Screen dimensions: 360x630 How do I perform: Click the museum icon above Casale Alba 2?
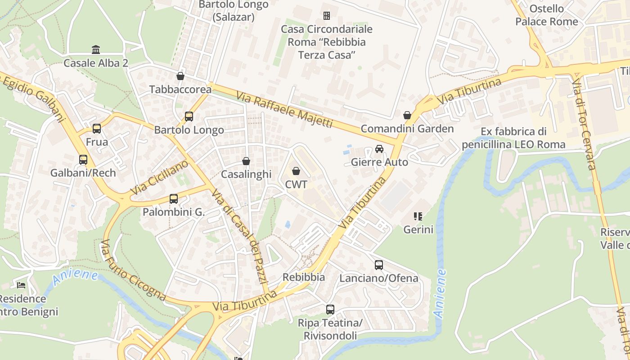click(x=96, y=49)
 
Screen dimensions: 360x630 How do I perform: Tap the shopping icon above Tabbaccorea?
click(x=180, y=76)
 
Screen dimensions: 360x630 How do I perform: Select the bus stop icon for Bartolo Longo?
click(x=189, y=117)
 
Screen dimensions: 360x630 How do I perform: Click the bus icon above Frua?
click(x=97, y=129)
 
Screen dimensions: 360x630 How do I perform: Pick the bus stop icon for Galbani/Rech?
click(x=83, y=159)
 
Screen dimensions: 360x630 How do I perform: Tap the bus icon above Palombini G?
click(x=174, y=198)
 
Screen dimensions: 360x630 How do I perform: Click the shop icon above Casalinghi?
click(x=246, y=161)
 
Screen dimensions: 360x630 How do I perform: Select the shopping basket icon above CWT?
click(x=296, y=171)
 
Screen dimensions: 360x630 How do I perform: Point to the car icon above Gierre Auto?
click(x=379, y=149)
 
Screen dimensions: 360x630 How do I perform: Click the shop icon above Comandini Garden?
click(x=407, y=115)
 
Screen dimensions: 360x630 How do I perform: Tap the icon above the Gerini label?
click(x=418, y=216)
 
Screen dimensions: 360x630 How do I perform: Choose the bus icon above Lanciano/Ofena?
click(x=379, y=265)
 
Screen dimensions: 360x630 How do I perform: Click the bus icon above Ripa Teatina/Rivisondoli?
click(x=330, y=309)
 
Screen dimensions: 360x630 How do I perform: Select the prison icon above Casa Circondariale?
click(x=327, y=16)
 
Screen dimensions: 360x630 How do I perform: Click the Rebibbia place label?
click(x=304, y=277)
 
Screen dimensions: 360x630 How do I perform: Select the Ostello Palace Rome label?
click(x=546, y=15)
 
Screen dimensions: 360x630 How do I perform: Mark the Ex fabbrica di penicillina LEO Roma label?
click(x=513, y=138)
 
